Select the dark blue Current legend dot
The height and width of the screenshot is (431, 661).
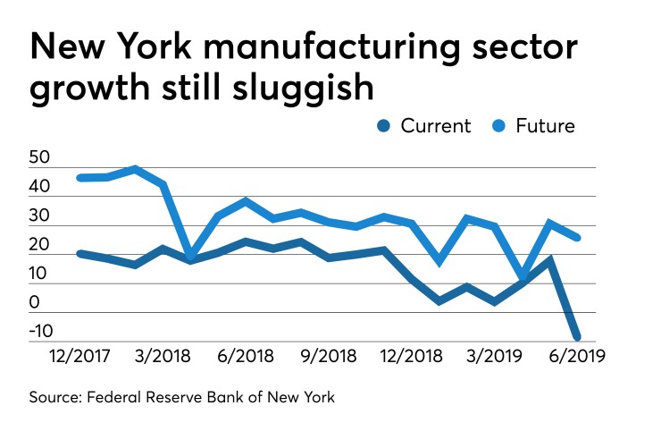(x=382, y=126)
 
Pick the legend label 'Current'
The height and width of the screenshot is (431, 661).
(x=435, y=126)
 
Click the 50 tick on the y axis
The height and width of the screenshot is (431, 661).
(x=41, y=158)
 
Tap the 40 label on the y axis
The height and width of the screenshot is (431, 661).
(x=41, y=188)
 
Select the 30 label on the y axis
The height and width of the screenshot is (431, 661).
(x=41, y=216)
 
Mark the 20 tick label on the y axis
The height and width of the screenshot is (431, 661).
(x=41, y=245)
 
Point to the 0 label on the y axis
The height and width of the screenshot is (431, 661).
(x=35, y=304)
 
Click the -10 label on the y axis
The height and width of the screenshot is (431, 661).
(x=41, y=332)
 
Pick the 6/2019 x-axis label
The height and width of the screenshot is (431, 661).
(x=578, y=357)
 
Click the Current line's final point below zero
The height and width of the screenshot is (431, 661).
(x=576, y=337)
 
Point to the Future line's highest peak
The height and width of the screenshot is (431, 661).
(x=135, y=168)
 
